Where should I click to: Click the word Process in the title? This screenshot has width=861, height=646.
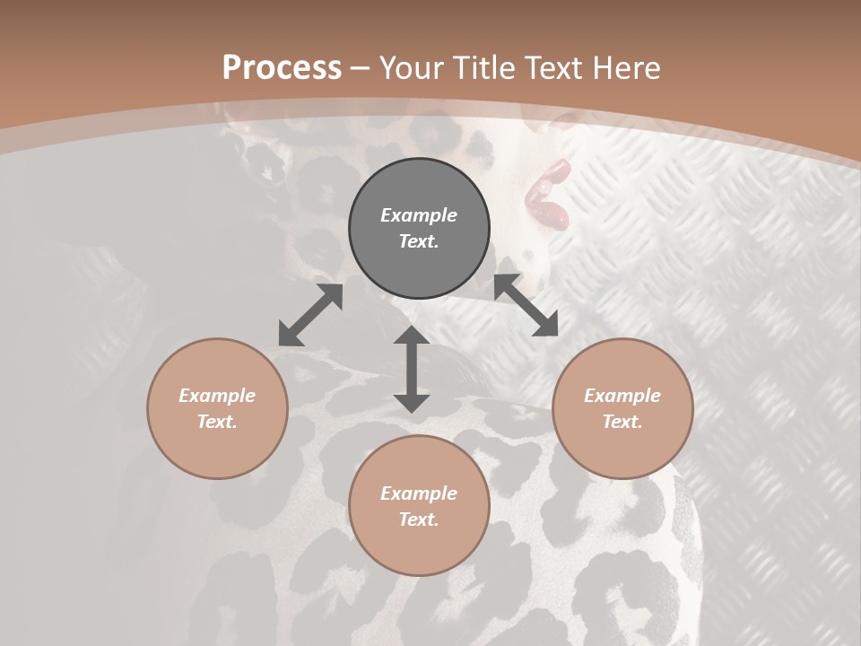pos(282,68)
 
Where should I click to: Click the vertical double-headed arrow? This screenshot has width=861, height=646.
pos(412,369)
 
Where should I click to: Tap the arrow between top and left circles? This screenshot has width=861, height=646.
pos(310,315)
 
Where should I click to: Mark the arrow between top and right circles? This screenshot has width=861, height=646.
pos(526,305)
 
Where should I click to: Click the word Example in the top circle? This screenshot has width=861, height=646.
pos(419,215)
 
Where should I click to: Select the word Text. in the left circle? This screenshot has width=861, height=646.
pos(217,422)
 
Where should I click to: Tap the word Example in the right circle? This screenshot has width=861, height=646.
pos(622,396)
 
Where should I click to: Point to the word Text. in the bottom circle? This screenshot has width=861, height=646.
pos(419,519)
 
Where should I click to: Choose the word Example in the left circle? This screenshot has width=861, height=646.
pos(217,396)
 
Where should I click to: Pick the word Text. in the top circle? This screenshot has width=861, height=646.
pos(419,241)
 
